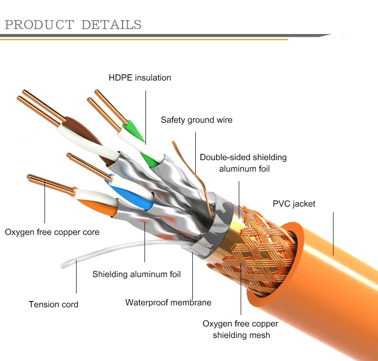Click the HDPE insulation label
coord(140,78)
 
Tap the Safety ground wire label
coord(197,120)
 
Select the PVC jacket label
coord(294,204)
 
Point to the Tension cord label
coord(54,304)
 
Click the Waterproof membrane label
coord(168,303)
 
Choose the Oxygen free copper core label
coord(52,232)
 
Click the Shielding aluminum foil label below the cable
coord(136,274)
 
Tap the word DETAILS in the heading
coord(111,24)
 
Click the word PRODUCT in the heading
coord(40,24)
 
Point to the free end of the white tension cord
coord(62,266)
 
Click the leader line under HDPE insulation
coord(145,117)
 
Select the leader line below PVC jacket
coord(334,234)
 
